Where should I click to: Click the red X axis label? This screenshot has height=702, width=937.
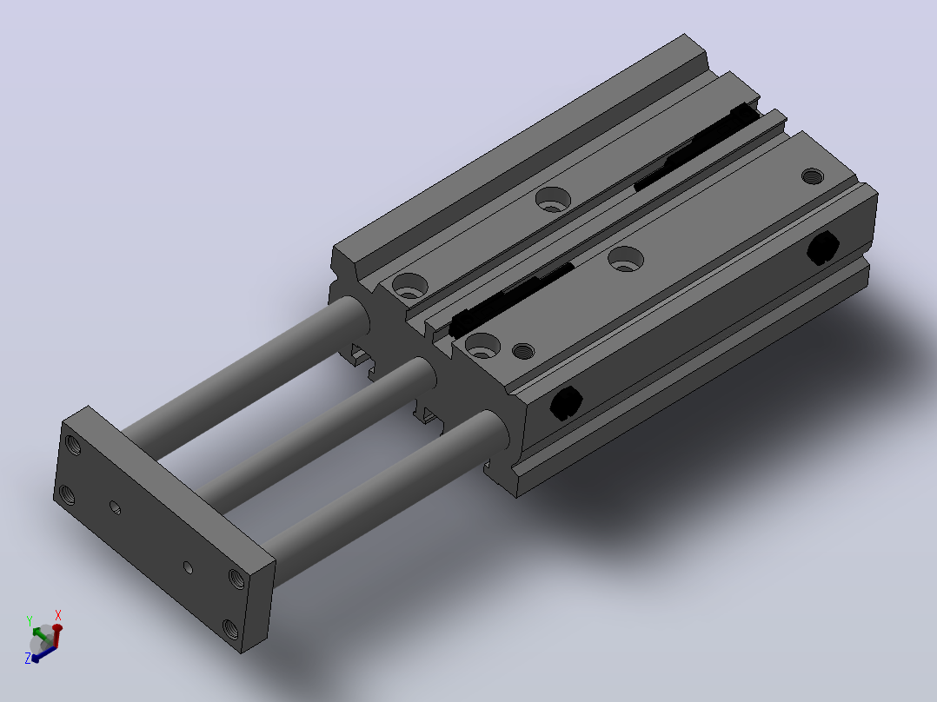pos(58,615)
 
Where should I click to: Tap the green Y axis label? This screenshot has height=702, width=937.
pos(30,621)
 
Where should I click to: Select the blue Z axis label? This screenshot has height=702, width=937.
pos(28,659)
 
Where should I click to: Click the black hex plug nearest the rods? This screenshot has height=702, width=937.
pos(566,402)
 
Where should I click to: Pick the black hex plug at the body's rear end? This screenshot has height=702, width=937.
pos(823,248)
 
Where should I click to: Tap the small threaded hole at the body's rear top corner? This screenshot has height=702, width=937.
pos(812,176)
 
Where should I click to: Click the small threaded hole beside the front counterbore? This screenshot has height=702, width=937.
pos(523,351)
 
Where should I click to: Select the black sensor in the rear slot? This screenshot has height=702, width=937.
pos(697,146)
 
